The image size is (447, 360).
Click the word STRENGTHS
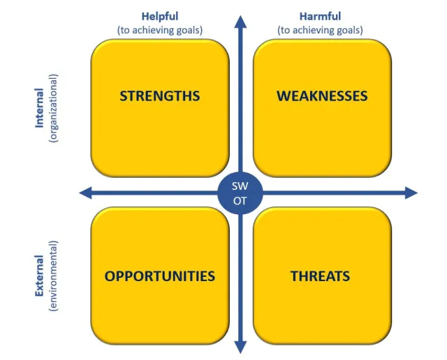tap(160, 96)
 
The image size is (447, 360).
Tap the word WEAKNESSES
tap(322, 96)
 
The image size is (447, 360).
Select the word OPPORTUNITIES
tap(160, 276)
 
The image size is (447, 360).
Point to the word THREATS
tap(321, 276)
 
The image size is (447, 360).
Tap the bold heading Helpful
tap(160, 16)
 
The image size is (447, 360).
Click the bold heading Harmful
tap(320, 16)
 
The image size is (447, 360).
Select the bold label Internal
tap(40, 108)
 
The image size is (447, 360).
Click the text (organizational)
tap(54, 108)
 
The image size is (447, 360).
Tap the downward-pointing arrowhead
tap(241, 347)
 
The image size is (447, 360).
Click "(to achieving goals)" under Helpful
tap(160, 30)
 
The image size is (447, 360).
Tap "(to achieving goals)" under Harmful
tap(320, 30)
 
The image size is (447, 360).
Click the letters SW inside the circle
tap(241, 186)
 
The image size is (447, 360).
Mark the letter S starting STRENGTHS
tap(124, 96)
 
